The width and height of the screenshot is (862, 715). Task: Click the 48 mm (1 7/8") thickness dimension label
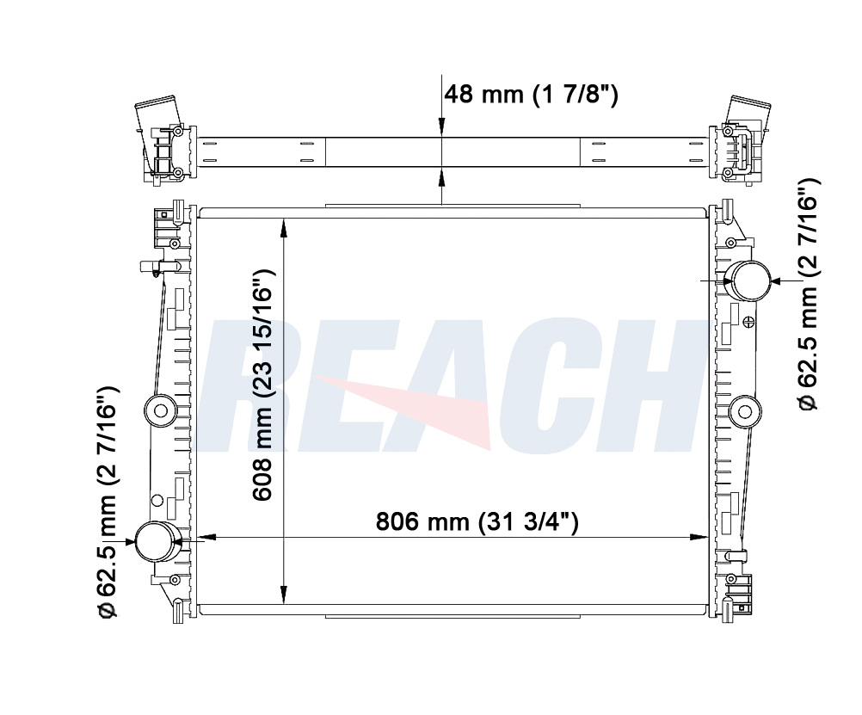531,94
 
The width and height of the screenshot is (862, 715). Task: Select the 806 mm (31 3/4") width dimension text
477,521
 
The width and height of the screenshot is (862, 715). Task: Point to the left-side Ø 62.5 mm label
108,502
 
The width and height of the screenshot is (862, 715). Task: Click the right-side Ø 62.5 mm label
808,294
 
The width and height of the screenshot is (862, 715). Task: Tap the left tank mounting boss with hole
161,410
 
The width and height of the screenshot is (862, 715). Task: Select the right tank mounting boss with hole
745,411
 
